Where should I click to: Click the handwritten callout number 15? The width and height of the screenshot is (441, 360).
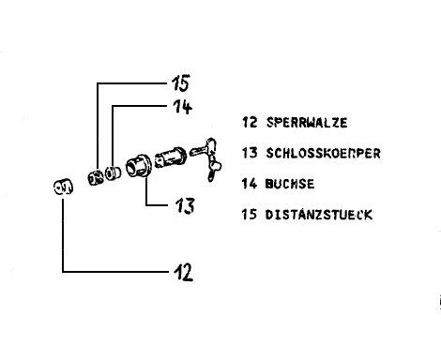click(x=180, y=83)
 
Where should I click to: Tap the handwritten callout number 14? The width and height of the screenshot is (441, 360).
click(x=182, y=107)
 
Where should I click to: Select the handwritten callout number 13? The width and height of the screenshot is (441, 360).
click(x=185, y=205)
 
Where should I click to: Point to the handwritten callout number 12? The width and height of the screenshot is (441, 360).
click(x=184, y=272)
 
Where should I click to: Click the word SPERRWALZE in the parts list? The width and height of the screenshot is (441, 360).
click(x=307, y=122)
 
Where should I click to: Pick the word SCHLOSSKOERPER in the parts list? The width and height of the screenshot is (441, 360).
click(x=323, y=153)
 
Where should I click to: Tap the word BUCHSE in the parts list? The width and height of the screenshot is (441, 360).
click(x=290, y=184)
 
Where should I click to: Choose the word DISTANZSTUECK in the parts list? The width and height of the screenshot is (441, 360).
click(x=319, y=215)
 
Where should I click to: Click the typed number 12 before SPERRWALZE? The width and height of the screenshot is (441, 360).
click(x=250, y=122)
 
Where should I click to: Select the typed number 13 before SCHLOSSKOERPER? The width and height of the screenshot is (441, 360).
click(x=250, y=153)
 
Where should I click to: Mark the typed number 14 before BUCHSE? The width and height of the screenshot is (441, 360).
click(x=250, y=184)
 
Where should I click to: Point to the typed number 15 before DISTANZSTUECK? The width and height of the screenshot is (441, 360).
click(x=250, y=215)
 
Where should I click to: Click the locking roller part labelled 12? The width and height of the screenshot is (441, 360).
click(x=63, y=187)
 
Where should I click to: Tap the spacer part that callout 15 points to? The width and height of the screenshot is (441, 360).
click(x=96, y=178)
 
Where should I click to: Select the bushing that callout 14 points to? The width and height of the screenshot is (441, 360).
click(x=113, y=173)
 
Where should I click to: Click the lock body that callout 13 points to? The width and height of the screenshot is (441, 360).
click(x=139, y=166)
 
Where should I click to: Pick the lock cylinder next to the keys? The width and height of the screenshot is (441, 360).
click(x=171, y=157)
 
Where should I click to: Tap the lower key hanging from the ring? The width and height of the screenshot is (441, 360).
click(x=215, y=169)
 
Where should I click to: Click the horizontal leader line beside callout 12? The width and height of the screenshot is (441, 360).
click(x=115, y=272)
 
